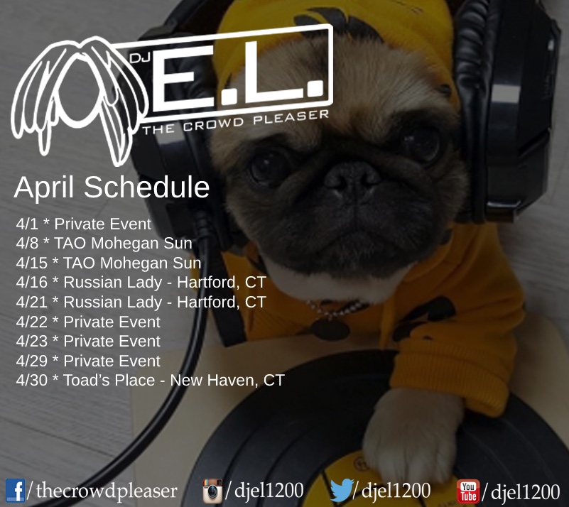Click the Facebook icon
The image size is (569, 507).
point(15,491)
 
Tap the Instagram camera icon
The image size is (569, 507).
point(212,491)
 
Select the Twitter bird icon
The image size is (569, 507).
point(342,490)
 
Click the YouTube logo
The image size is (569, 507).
point(468,491)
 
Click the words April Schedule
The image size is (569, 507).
point(112,187)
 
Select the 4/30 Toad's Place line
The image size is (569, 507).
point(150,380)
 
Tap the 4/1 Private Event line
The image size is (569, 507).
point(83,224)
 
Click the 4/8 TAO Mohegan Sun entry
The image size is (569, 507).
point(104,244)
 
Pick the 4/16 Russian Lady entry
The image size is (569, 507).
point(141,283)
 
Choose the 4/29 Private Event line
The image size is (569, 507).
point(88,361)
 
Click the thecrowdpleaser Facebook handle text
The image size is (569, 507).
point(107,491)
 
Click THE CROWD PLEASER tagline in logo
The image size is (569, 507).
point(236,122)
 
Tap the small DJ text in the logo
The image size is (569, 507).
point(140,58)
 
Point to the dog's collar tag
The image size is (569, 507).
point(330,329)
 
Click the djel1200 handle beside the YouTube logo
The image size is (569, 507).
point(525,491)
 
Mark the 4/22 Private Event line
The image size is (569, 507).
point(88,322)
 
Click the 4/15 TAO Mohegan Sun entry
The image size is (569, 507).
point(109,263)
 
